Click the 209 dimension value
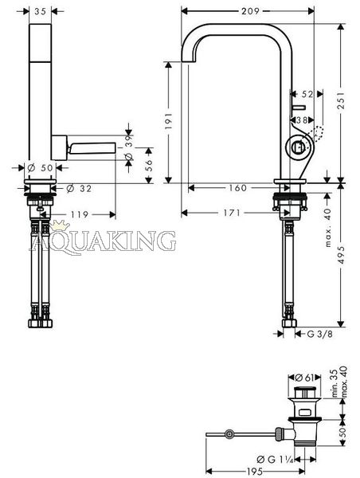(250, 11)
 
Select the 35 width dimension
(40, 11)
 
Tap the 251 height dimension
(341, 100)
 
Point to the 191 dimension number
(169, 121)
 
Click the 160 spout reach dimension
(238, 188)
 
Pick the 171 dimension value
(232, 213)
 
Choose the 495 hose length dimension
(342, 255)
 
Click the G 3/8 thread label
(319, 334)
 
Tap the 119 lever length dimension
(80, 214)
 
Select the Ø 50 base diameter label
(40, 167)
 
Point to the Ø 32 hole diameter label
(79, 189)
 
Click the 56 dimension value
(148, 166)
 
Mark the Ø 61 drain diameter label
(305, 378)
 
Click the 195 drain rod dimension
(255, 472)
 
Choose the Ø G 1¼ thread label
(275, 459)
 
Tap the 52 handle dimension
(307, 94)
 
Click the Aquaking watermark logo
(103, 238)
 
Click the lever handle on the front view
(93, 148)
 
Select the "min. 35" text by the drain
(335, 383)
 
